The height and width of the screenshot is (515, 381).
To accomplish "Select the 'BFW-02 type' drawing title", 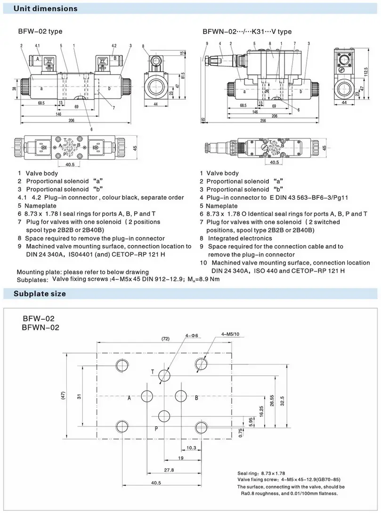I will pos(40,32).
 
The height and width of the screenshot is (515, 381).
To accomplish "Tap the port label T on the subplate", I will pos(153,372).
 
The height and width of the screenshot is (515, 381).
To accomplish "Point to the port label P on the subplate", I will pos(157,429).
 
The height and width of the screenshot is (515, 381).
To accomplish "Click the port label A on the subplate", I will pos(129,398).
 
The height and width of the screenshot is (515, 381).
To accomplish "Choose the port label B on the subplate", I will pos(196,398).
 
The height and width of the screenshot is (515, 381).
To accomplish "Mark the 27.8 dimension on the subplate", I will pos(169,470).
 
